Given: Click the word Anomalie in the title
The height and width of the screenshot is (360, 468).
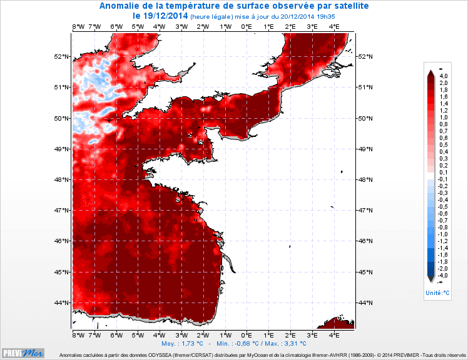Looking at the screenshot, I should pyautogui.click(x=123, y=6).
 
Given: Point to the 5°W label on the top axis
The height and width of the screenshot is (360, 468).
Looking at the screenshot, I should pyautogui.click(x=138, y=27).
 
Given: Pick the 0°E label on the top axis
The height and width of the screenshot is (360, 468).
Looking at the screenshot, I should pyautogui.click(x=247, y=27).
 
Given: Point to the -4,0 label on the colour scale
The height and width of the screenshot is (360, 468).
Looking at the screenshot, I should pyautogui.click(x=444, y=275).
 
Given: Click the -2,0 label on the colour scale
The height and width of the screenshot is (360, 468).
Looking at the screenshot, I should pyautogui.click(x=444, y=268).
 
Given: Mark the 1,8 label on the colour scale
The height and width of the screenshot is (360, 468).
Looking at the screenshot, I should pyautogui.click(x=444, y=90).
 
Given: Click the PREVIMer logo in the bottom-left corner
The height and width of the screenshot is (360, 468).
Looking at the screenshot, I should pyautogui.click(x=23, y=352).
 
